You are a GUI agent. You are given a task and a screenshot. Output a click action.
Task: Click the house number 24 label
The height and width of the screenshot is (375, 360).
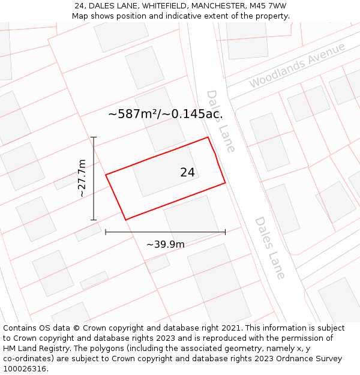point(187,172)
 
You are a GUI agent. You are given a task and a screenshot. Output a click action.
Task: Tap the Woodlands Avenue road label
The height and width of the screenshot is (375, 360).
point(298,65)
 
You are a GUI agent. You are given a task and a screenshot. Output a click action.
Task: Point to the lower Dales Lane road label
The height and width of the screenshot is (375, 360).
point(269,248)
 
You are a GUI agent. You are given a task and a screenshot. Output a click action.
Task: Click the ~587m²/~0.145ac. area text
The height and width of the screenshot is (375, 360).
point(166,114)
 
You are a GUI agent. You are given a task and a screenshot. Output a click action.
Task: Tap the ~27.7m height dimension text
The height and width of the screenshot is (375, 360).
point(82,178)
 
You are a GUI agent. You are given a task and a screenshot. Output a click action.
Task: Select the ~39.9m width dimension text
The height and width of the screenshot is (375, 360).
point(166,244)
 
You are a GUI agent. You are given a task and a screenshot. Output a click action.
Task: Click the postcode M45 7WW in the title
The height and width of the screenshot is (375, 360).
point(266,6)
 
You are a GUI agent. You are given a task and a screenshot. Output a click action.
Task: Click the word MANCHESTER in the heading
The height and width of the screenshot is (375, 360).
point(217,6)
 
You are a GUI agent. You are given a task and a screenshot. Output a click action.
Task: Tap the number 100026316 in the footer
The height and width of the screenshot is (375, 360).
point(23,369)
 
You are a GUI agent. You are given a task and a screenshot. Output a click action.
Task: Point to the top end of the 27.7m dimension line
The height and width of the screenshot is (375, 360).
point(94,137)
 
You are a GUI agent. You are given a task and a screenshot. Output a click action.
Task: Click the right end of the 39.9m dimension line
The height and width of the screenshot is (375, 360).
point(226,232)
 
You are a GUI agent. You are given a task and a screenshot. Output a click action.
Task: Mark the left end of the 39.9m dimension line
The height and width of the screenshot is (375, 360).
point(106,232)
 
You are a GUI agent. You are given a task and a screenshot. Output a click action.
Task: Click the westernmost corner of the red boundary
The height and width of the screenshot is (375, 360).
point(106,175)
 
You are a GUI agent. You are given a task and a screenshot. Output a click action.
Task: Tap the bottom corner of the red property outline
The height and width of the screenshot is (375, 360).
point(126,220)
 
